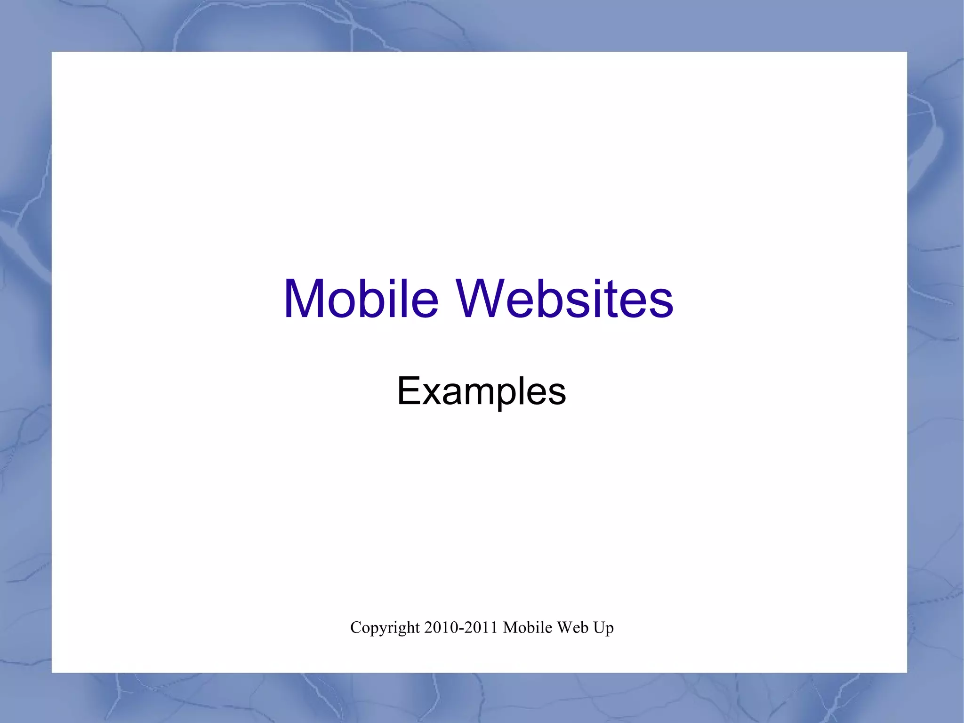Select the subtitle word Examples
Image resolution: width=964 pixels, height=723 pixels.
click(x=481, y=390)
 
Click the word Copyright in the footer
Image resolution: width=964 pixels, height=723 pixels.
click(x=385, y=628)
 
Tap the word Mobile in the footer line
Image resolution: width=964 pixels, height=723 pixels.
click(x=527, y=627)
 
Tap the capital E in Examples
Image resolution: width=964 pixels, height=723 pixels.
click(x=408, y=390)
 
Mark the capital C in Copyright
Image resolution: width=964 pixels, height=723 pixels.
click(x=356, y=627)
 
